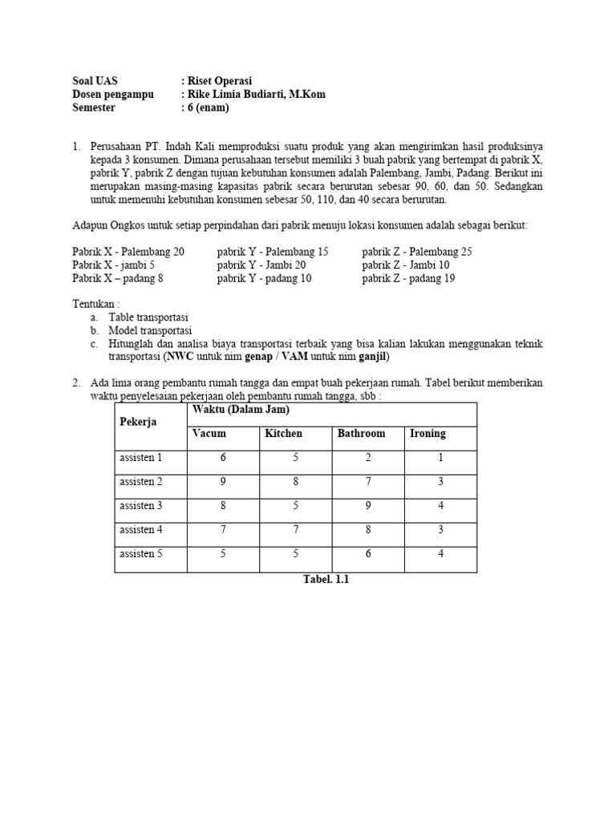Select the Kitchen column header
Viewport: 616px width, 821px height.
(283, 434)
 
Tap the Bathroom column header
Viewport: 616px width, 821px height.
(361, 434)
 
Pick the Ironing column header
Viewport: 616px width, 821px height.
(428, 434)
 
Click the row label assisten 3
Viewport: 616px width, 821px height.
(140, 505)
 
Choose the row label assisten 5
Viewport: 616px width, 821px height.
(140, 553)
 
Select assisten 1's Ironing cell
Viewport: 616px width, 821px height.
(440, 458)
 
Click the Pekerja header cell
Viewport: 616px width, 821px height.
(138, 422)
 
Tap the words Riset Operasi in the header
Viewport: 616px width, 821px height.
(220, 81)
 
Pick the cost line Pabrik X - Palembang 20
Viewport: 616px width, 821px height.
(128, 252)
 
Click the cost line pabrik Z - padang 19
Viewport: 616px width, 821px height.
(408, 278)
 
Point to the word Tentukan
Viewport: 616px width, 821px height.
(95, 305)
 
